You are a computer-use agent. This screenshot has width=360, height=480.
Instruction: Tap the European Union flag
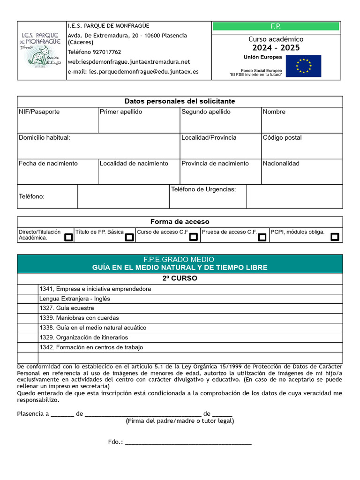[x=303, y=66]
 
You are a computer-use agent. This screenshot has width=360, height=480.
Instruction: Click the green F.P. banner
[x=276, y=27]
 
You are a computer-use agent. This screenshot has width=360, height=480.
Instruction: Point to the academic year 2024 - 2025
[x=276, y=48]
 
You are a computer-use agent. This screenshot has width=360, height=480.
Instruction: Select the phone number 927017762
[x=94, y=52]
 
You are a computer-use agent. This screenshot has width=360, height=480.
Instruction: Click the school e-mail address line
[x=133, y=72]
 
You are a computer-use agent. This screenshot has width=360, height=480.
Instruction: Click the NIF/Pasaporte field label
[x=39, y=112]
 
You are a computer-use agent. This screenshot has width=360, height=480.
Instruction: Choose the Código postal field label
[x=282, y=138]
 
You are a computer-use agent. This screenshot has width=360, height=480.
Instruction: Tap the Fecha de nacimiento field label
[x=48, y=164]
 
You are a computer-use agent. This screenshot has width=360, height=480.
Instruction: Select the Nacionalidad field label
[x=281, y=164]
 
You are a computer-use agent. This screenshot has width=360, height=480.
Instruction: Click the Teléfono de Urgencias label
[x=203, y=189]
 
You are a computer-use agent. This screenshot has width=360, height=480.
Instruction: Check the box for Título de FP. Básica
[x=129, y=237]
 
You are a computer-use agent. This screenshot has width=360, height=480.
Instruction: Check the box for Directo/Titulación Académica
[x=68, y=237]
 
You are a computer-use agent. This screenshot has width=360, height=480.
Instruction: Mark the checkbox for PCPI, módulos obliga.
[x=335, y=237]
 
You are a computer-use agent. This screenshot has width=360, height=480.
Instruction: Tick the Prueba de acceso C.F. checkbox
[x=262, y=237]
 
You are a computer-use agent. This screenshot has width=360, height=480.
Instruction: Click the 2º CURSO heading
[x=180, y=278]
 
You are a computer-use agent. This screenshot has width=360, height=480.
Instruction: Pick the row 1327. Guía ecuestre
[x=67, y=308]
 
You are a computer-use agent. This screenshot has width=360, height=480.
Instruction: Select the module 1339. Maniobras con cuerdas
[x=79, y=318]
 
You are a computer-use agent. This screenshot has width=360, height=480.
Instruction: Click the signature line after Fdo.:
[x=188, y=442]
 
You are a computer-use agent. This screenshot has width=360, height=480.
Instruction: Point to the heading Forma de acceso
[x=180, y=222]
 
